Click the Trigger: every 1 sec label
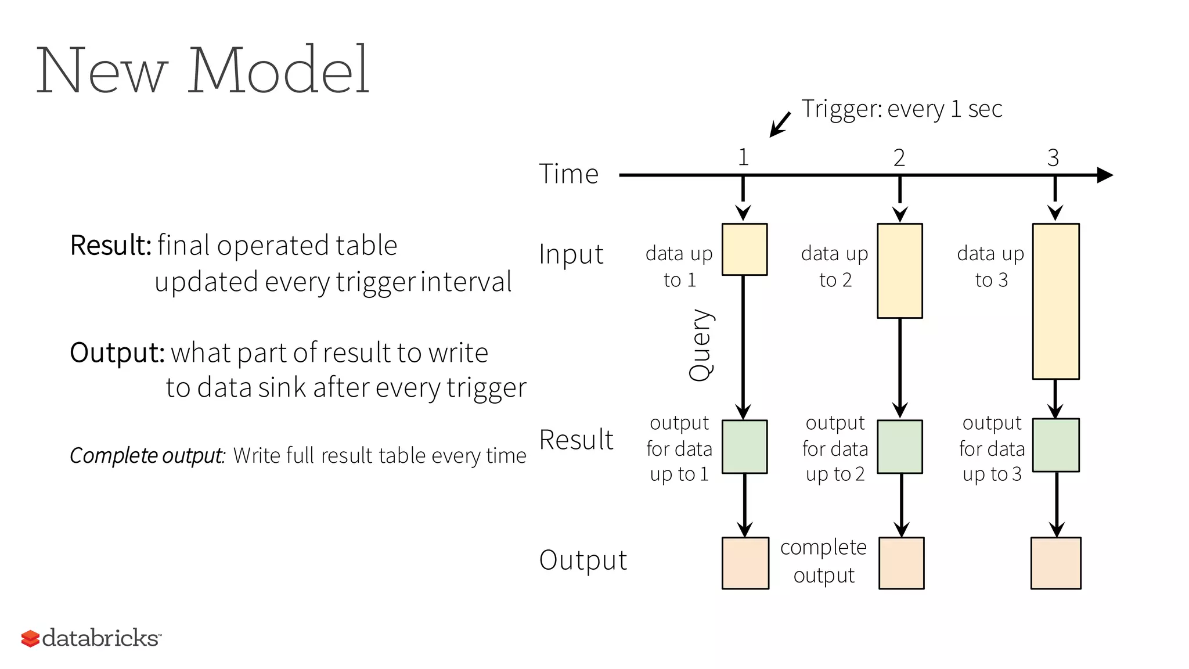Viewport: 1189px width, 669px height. pos(902,109)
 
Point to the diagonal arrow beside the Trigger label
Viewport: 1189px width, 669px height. pos(780,124)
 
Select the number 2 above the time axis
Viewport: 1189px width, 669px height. pos(899,158)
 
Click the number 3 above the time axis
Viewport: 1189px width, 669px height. pos(1053,158)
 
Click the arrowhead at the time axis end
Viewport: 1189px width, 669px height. pos(1104,175)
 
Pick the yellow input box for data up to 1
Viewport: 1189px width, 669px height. pos(744,249)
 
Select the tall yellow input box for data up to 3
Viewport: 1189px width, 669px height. pos(1055,301)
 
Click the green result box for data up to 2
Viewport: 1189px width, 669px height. pos(900,447)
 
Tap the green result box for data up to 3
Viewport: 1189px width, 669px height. pos(1055,445)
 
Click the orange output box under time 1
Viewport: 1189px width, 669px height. pos(745,563)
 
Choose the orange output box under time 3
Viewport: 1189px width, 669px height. pos(1055,563)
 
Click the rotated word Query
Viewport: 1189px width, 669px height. pos(701,345)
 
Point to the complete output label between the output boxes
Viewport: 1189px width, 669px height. pos(823,561)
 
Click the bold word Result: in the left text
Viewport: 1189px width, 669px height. pos(110,245)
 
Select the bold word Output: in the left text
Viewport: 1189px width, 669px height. pos(117,353)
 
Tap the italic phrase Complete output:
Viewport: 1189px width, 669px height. pos(147,455)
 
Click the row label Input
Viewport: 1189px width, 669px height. pos(571,254)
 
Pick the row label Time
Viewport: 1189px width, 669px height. pos(568,174)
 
